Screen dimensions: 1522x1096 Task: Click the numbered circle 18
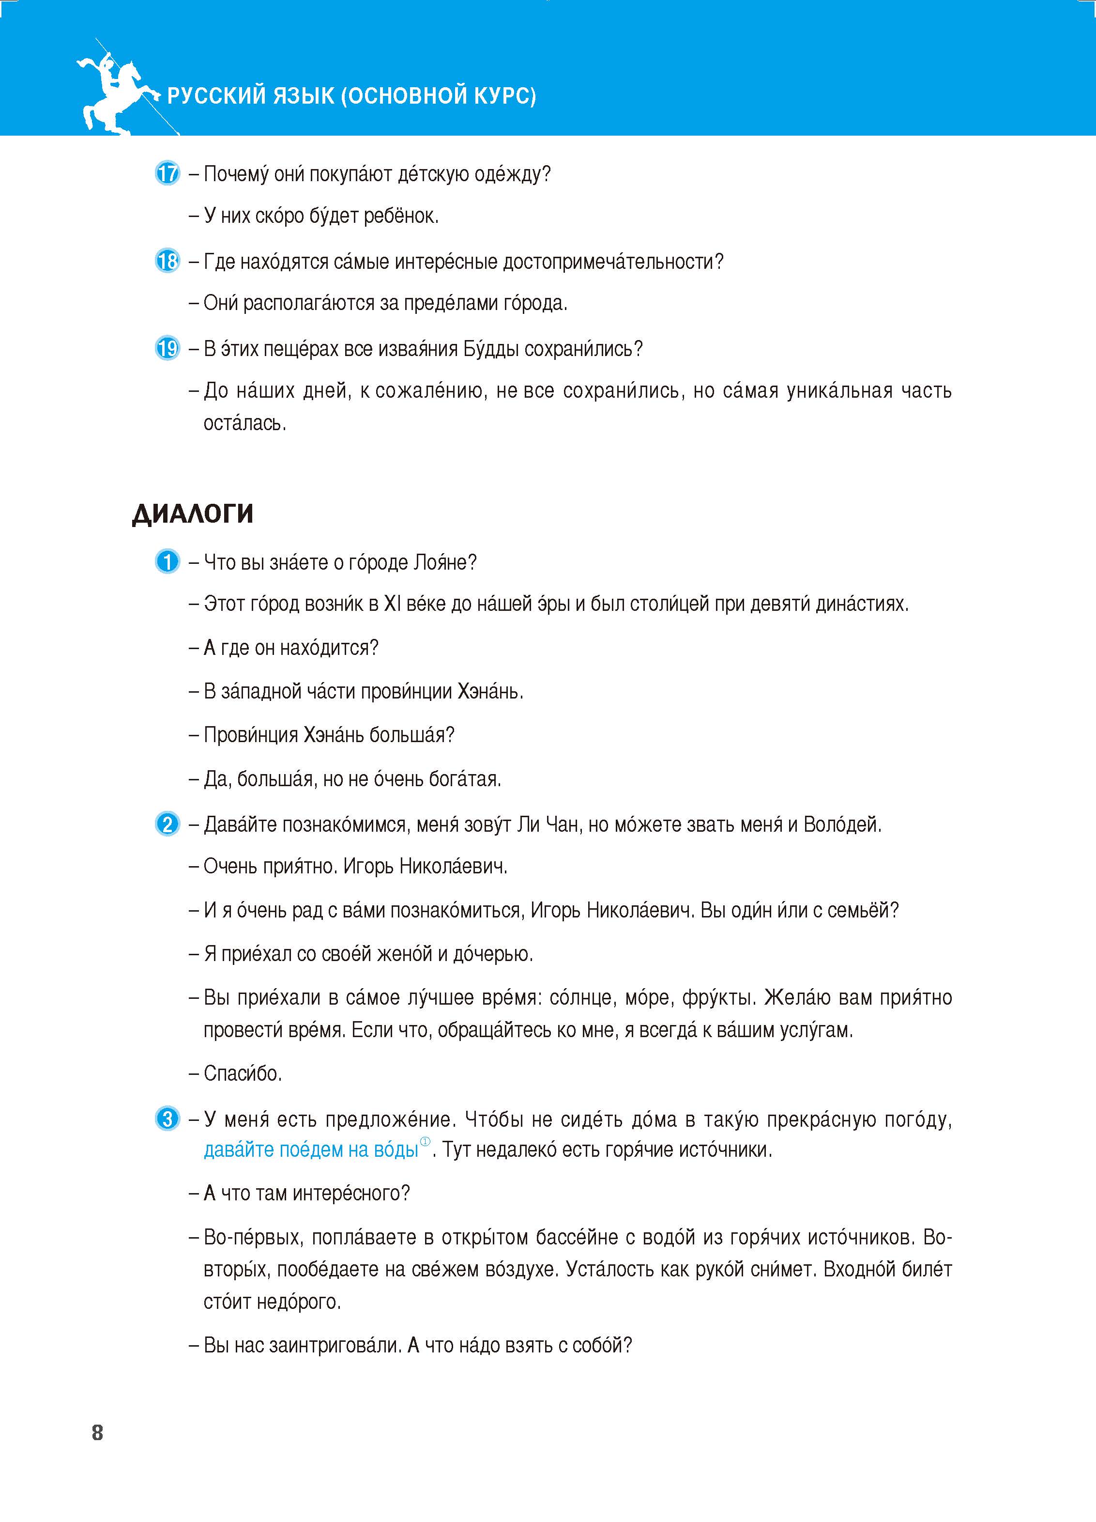(167, 261)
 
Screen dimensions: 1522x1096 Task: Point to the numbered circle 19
(167, 348)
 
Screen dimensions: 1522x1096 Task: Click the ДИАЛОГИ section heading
(193, 514)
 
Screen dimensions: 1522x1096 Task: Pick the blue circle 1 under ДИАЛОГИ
(167, 562)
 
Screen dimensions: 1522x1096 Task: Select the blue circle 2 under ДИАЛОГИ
(167, 824)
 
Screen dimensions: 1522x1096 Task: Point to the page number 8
(97, 1433)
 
